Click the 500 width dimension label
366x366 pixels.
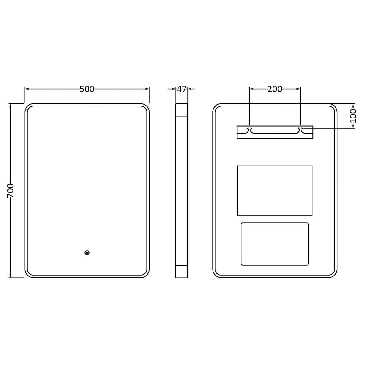[x=87, y=89]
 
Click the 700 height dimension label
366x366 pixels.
[x=11, y=190]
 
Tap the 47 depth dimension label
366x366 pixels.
[x=181, y=89]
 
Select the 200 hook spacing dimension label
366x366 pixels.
[x=275, y=89]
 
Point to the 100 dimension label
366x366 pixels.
[x=354, y=115]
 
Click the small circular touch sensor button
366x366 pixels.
[x=87, y=253]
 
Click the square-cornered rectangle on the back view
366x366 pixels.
[x=275, y=191]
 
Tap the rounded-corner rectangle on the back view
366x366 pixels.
[x=275, y=244]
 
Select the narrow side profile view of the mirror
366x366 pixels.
[x=181, y=191]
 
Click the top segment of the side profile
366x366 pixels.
[x=181, y=110]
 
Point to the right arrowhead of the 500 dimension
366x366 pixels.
[x=147, y=89]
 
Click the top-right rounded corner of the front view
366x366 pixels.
[x=145, y=108]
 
